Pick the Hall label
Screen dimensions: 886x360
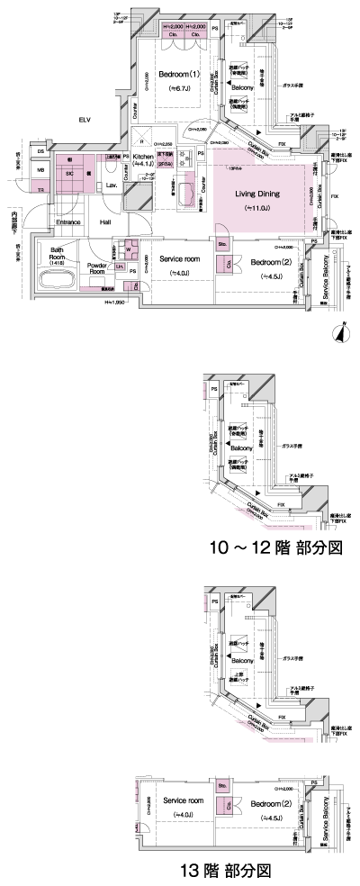(105, 221)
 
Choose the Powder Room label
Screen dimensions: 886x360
(98, 267)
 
